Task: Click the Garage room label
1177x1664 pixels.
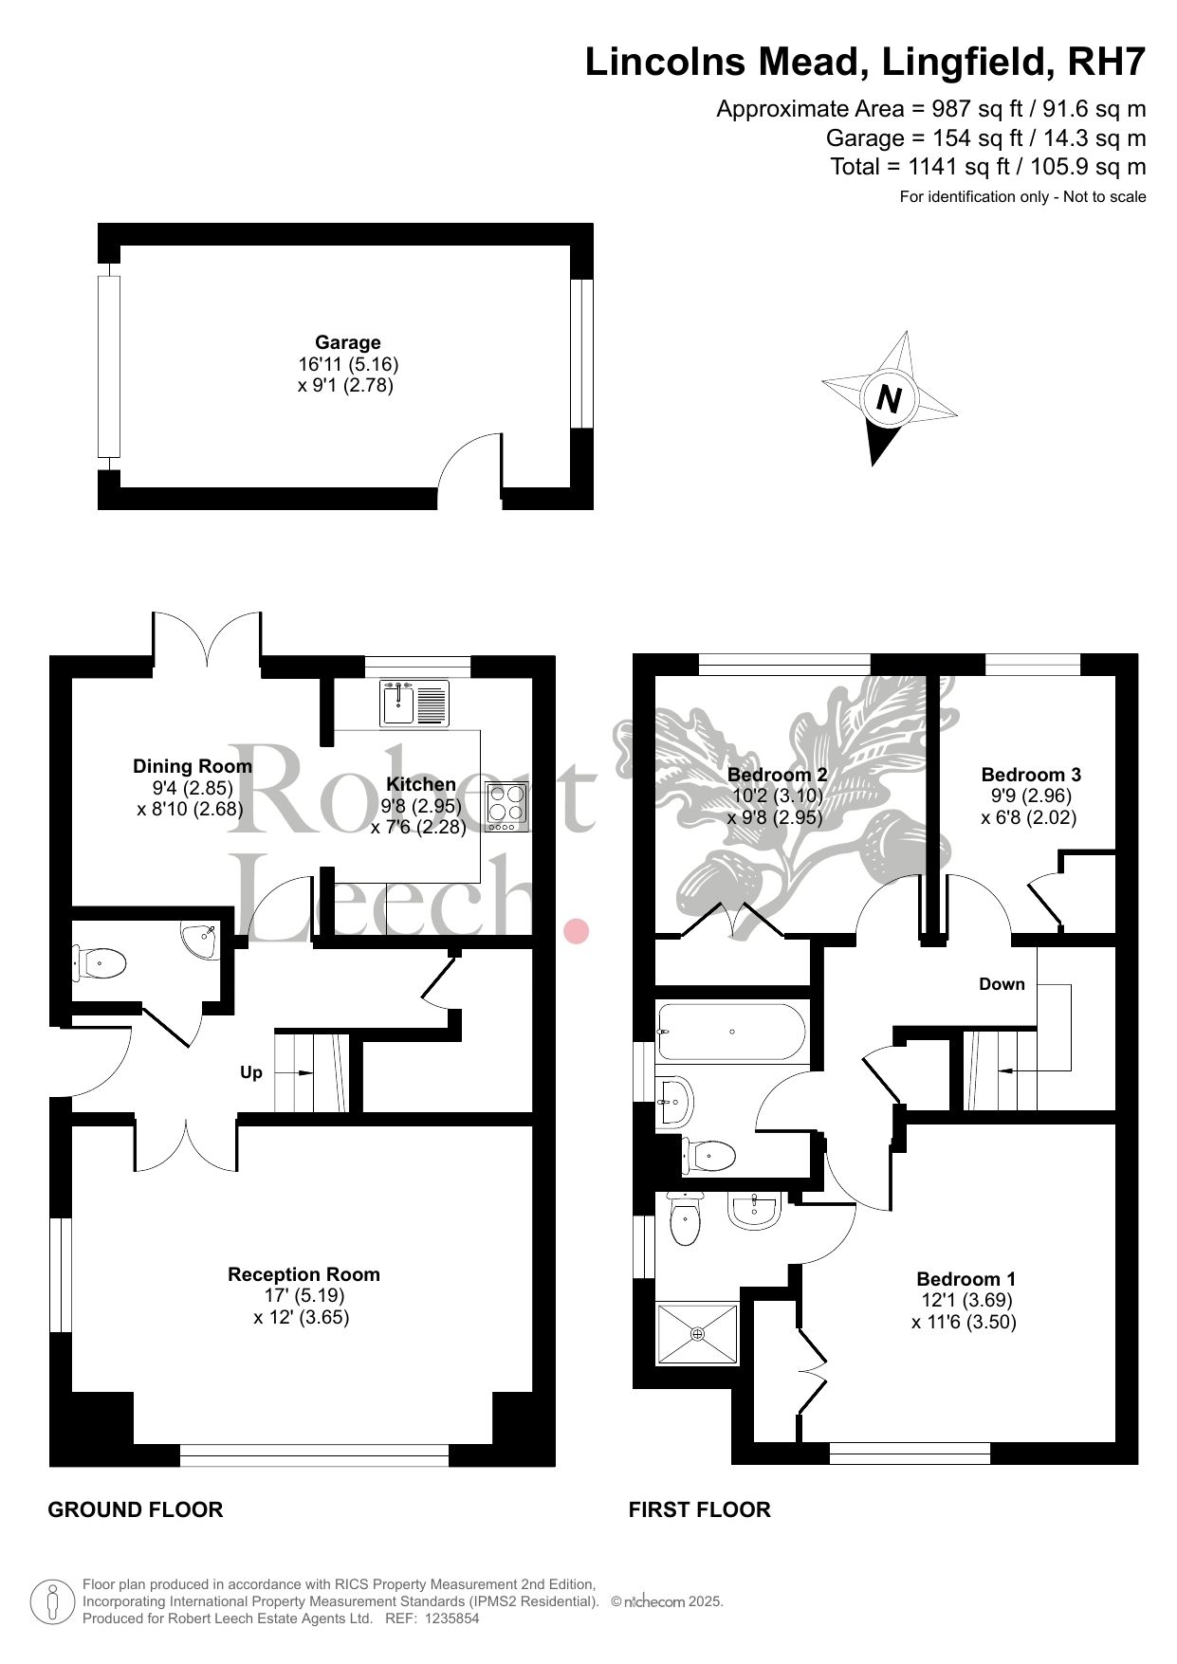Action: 348,342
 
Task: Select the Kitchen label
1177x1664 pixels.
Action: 421,784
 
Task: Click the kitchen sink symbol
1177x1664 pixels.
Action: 414,703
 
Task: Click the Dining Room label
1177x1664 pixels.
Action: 193,766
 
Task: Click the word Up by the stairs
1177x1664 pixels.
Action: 250,1072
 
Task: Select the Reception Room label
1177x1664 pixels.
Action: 303,1274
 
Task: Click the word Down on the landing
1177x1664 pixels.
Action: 1002,984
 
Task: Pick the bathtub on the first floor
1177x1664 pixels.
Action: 731,1032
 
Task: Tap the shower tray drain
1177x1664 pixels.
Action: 699,1334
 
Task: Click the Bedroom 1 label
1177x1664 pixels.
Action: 966,1279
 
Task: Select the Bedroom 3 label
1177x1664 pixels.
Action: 1031,775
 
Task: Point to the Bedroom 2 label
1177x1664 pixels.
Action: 777,775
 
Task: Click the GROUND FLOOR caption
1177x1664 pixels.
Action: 136,1509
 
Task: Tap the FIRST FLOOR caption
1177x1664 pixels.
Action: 700,1509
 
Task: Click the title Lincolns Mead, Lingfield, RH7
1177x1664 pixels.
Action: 865,63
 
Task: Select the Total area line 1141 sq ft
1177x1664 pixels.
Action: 988,167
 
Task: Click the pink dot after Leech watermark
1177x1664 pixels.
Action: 577,931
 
